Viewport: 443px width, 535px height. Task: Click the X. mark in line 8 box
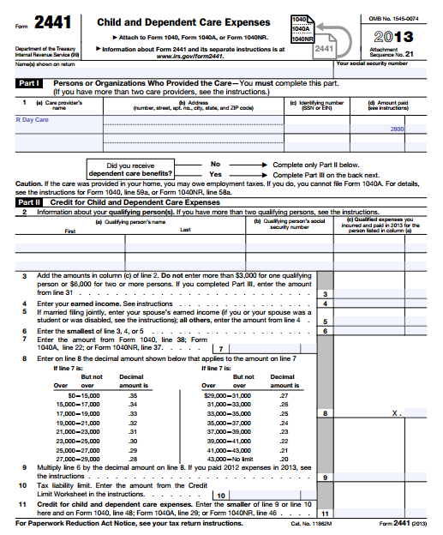(396, 412)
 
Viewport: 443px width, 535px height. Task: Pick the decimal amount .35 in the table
(132, 395)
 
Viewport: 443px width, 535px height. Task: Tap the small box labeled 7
(221, 348)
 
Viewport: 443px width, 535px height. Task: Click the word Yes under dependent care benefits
(215, 173)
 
